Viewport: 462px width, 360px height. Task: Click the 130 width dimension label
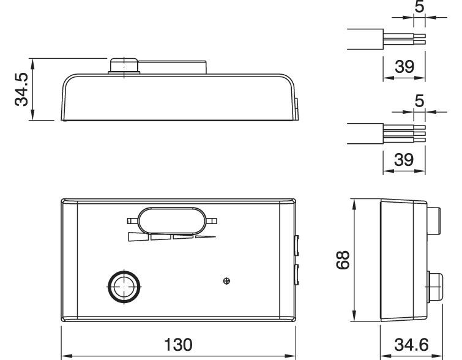point(178,345)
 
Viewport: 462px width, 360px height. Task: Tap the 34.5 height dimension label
point(21,89)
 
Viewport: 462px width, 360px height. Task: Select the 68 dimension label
point(343,260)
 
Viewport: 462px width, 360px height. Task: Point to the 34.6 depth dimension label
point(411,345)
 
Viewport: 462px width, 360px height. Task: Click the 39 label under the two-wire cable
point(404,67)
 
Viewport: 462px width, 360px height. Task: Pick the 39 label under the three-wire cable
point(404,160)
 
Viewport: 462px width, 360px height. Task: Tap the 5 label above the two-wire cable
point(419,7)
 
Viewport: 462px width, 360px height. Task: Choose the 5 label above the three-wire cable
point(419,101)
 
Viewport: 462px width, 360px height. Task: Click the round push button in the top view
point(124,287)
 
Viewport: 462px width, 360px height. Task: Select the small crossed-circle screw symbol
point(226,281)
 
